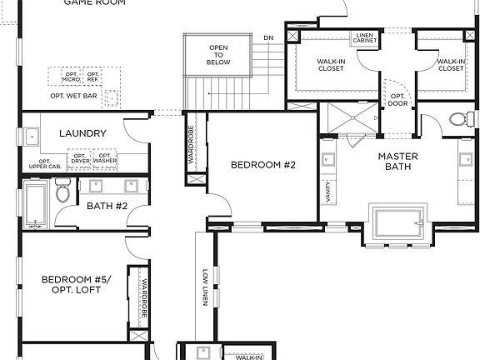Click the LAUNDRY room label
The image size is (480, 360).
[82, 133]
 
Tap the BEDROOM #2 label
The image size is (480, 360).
[263, 165]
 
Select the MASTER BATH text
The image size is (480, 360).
[397, 162]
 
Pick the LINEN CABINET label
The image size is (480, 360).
[364, 39]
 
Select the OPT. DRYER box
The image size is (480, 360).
[80, 158]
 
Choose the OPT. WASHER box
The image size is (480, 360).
[105, 158]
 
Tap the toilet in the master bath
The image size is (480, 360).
[458, 118]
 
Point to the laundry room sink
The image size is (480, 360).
[32, 136]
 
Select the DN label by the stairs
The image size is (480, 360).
[268, 38]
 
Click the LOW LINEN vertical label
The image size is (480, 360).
[204, 287]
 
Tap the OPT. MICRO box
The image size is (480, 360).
[70, 77]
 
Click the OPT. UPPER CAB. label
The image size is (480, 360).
[45, 164]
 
